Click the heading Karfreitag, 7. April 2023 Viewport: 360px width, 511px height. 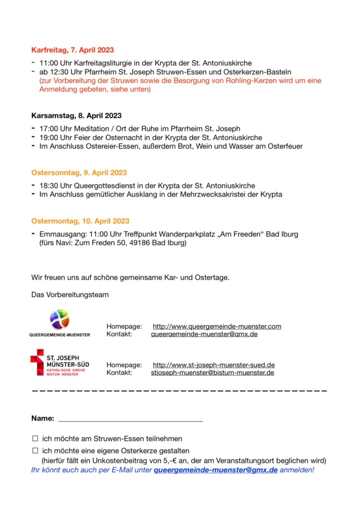click(72, 50)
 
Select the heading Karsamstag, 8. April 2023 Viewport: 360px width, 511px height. click(76, 116)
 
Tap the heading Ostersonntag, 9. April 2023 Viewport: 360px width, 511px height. click(79, 173)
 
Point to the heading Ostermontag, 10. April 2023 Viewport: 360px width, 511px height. click(80, 221)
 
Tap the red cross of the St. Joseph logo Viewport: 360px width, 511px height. click(37, 362)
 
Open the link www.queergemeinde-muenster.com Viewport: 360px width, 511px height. click(217, 326)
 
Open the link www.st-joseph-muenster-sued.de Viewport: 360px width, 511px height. click(213, 365)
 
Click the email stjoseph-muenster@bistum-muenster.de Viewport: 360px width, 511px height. click(212, 373)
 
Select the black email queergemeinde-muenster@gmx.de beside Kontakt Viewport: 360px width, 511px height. click(204, 334)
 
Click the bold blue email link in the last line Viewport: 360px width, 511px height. click(216, 470)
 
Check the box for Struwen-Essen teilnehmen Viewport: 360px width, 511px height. click(35, 439)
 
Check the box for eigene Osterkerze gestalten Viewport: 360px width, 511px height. click(35, 451)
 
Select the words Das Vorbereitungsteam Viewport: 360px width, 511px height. click(69, 295)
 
